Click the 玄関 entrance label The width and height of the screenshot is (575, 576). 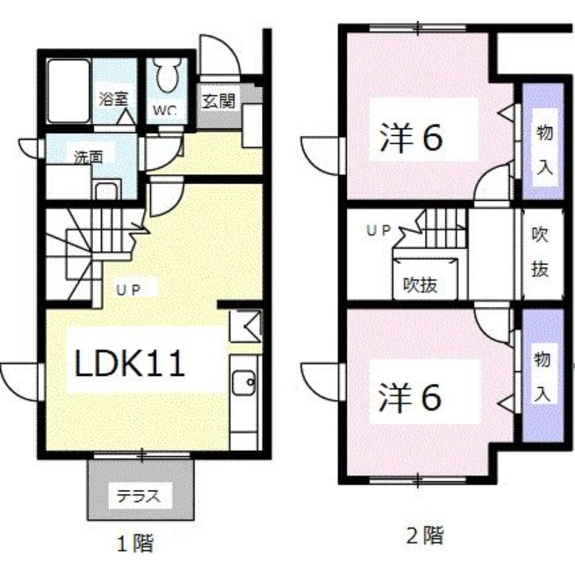tap(218, 101)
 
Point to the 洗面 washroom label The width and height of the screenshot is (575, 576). tap(86, 157)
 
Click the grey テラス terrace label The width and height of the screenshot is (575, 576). tap(136, 495)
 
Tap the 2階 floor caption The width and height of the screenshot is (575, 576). tap(425, 536)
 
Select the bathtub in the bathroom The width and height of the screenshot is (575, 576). tap(68, 90)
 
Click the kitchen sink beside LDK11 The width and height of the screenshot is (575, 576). tap(244, 383)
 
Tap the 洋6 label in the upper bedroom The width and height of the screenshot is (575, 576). tap(411, 138)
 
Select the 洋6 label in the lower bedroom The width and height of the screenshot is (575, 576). tap(411, 398)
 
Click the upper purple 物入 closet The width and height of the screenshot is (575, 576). tap(543, 143)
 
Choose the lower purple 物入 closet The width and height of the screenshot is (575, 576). tap(543, 377)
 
